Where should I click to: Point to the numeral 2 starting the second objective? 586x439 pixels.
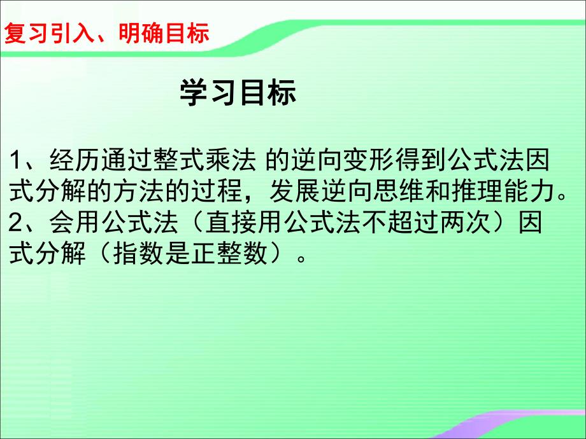[x=17, y=223]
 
